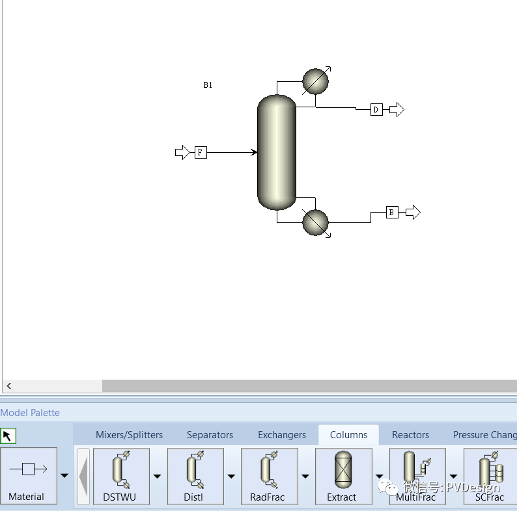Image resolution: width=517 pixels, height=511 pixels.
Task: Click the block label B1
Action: (208, 85)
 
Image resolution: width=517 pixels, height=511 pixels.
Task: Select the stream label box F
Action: (201, 152)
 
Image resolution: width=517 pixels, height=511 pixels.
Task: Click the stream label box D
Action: (376, 110)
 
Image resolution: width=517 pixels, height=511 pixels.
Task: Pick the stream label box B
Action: (392, 213)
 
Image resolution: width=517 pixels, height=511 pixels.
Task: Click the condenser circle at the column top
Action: (315, 81)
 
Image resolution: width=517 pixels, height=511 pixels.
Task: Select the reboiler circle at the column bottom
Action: (315, 222)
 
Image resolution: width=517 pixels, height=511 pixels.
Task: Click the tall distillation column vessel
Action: (277, 152)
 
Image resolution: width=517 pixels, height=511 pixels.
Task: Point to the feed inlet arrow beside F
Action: (182, 152)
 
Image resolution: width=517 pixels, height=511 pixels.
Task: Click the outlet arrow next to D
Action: (397, 110)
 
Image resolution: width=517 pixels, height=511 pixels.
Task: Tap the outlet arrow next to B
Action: (413, 213)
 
